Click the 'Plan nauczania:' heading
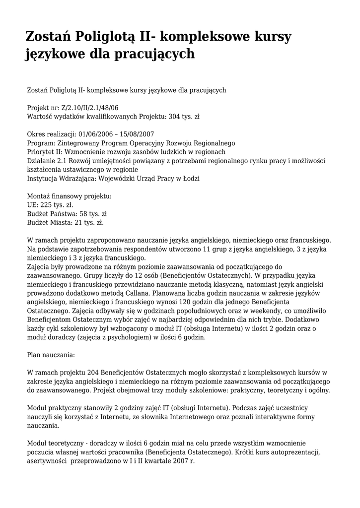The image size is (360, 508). (51, 355)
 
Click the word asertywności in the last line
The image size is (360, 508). (47, 460)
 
